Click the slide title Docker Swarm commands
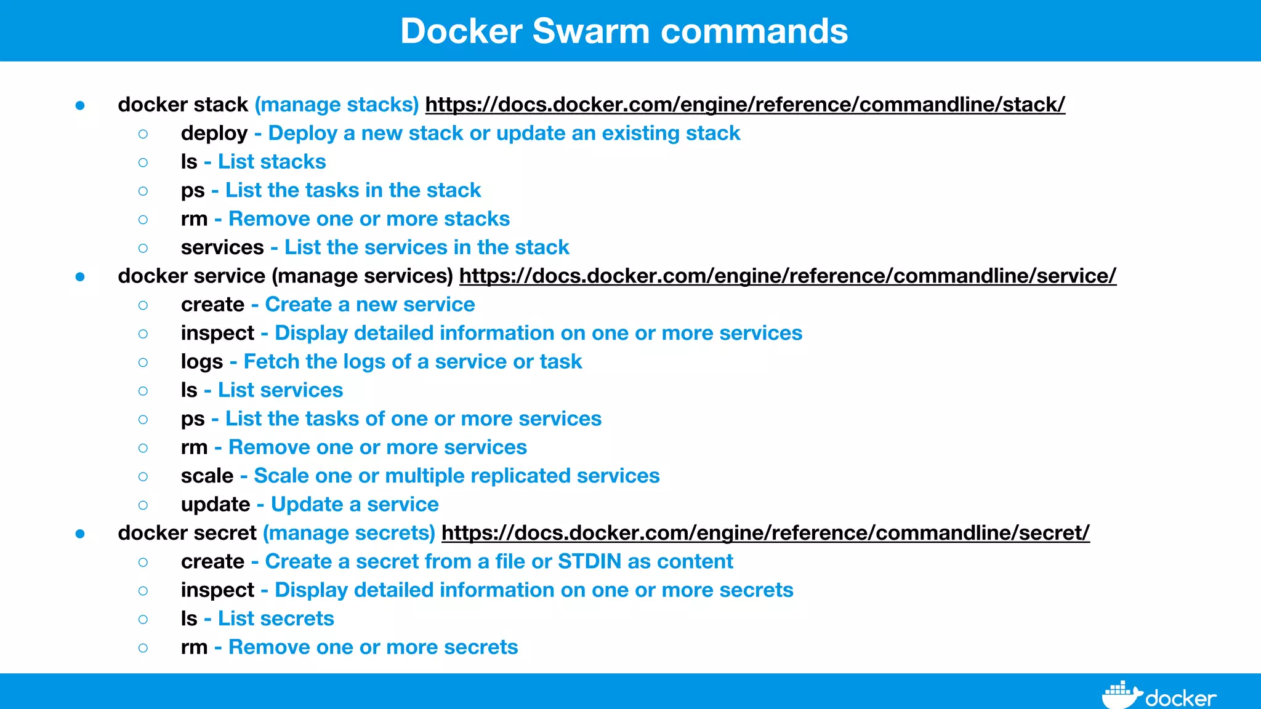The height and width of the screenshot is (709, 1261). (624, 31)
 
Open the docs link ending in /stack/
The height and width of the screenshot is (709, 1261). (745, 105)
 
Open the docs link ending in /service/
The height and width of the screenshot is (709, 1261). (788, 276)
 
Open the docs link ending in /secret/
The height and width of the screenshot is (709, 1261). (765, 533)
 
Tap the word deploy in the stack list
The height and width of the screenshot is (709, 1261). (214, 134)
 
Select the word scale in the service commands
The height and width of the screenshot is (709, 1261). (207, 476)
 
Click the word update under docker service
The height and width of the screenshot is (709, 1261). (216, 505)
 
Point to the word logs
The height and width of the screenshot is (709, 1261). (202, 362)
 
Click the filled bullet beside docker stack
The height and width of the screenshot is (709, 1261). (80, 106)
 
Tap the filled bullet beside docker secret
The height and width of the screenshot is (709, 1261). (80, 534)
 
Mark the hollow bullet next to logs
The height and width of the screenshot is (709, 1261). (143, 363)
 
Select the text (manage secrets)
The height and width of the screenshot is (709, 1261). (349, 533)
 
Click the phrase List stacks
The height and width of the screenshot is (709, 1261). (272, 162)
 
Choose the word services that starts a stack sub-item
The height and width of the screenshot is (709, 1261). (222, 247)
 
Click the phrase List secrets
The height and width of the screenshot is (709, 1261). (276, 619)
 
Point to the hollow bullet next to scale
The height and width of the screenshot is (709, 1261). (143, 476)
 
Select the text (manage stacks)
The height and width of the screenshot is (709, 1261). (337, 105)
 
